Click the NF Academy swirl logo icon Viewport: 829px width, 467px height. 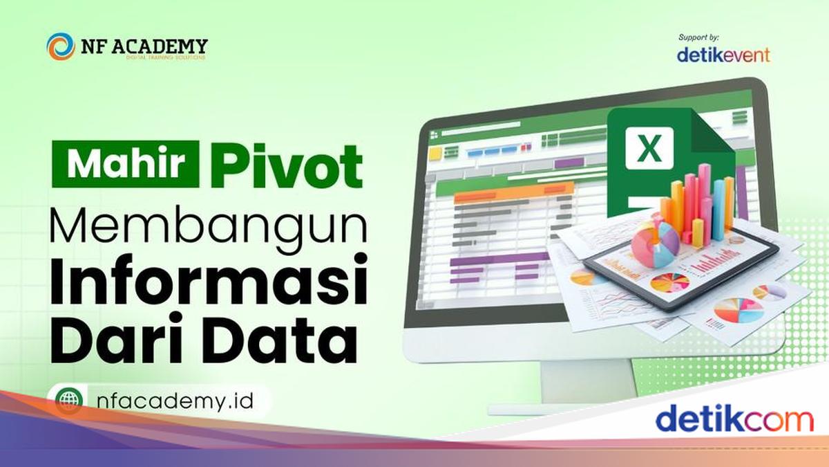pyautogui.click(x=61, y=46)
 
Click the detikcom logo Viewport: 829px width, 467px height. pyautogui.click(x=734, y=420)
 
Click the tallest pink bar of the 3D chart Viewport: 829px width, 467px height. pyautogui.click(x=704, y=197)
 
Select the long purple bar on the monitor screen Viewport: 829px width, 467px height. pyautogui.click(x=490, y=260)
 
